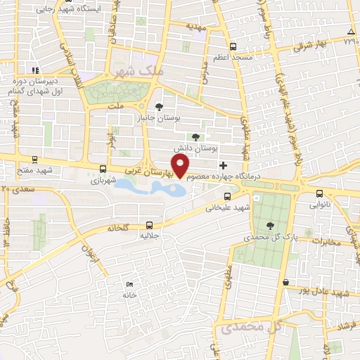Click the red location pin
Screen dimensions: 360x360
181,167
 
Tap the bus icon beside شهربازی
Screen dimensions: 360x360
103,169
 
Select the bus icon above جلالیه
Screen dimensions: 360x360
148,225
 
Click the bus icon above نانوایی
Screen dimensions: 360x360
320,194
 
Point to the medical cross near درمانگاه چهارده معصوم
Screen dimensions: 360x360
224,166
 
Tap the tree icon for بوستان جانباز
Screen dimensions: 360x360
160,107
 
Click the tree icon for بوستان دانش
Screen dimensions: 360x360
195,137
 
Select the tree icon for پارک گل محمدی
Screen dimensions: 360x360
271,225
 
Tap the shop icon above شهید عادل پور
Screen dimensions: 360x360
285,282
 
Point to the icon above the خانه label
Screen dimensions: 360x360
128,283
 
